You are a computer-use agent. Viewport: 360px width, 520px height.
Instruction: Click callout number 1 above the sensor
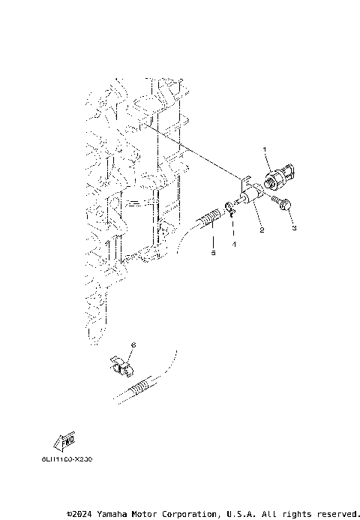(265, 151)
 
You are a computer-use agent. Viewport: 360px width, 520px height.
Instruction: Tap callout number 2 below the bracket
(262, 231)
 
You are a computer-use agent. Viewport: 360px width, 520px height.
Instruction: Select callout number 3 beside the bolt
(294, 227)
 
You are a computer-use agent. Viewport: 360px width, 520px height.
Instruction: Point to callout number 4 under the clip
(233, 244)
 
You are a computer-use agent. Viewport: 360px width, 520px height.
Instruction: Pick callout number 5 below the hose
(212, 254)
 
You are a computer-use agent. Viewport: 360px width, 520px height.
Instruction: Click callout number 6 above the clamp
(133, 344)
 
